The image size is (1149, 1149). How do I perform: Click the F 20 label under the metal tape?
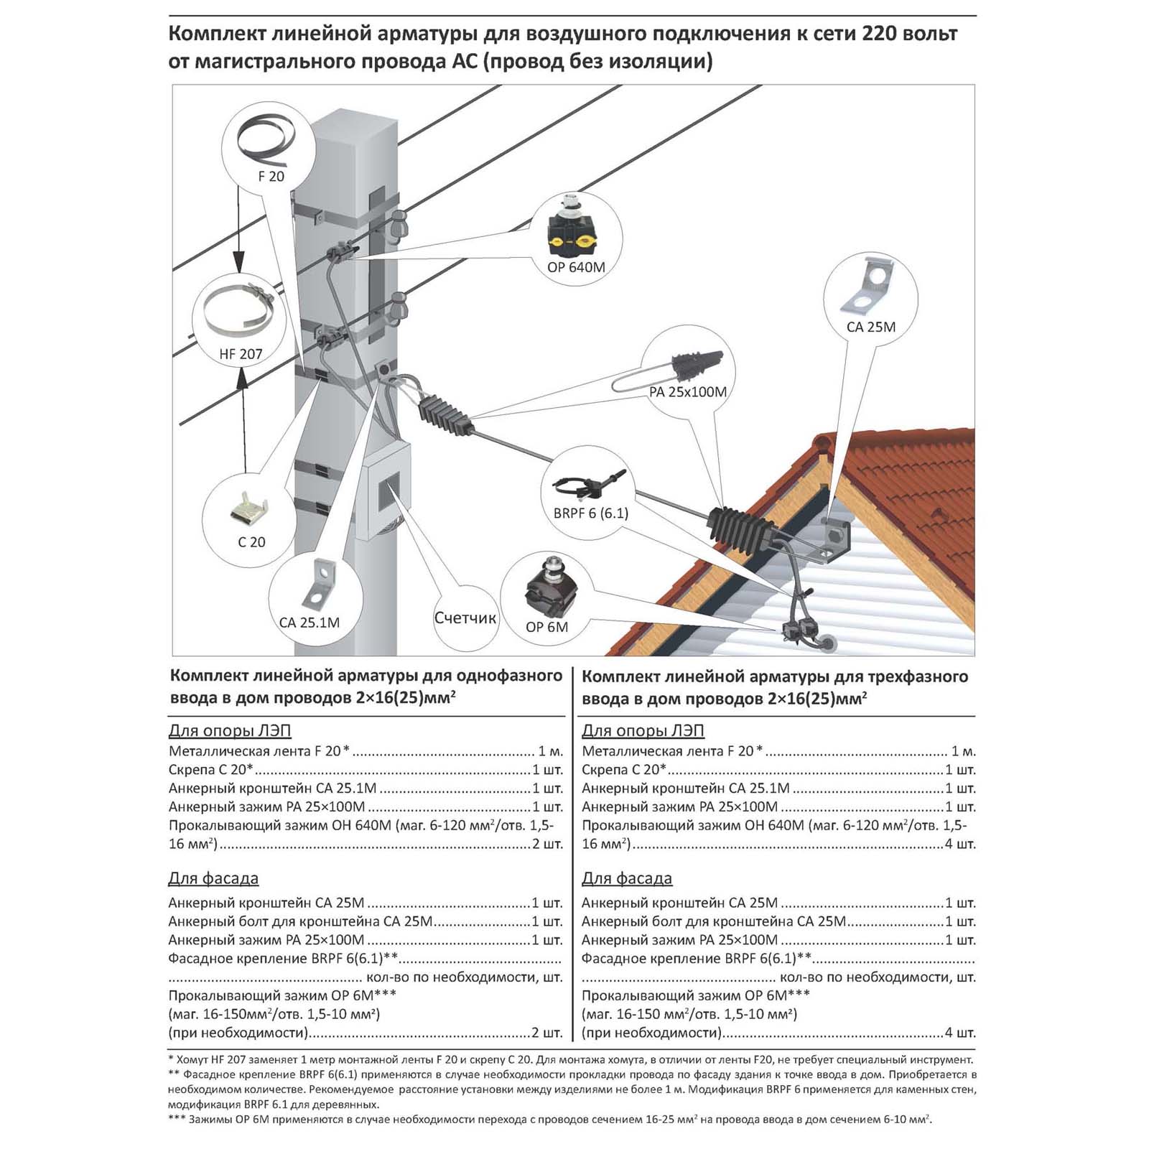271,176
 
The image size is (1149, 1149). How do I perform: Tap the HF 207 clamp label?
241,354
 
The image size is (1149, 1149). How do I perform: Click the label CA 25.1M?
310,623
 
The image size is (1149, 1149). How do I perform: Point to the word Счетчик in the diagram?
465,618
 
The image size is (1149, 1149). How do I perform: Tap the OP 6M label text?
546,627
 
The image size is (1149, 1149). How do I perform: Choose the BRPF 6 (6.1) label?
591,513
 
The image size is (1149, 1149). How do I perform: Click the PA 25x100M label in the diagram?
687,392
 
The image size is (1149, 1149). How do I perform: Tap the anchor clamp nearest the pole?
446,414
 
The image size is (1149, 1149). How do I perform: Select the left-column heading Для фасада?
213,878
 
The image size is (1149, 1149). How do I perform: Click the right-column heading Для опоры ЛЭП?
643,731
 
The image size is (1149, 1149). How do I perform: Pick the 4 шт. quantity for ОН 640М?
960,844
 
